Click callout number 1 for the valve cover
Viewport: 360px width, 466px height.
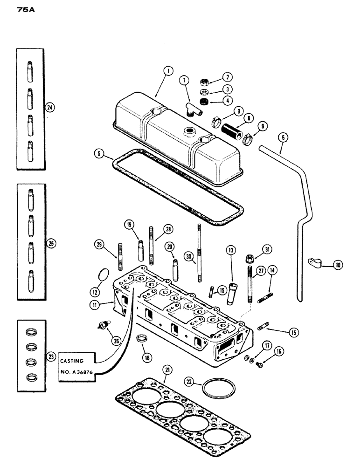pyautogui.click(x=168, y=71)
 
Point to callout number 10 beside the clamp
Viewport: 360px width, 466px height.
pyautogui.click(x=338, y=265)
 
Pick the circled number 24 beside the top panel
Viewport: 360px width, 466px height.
pyautogui.click(x=49, y=108)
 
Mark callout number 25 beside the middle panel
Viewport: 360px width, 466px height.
pyautogui.click(x=51, y=243)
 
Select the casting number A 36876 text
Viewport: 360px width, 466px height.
pyautogui.click(x=78, y=374)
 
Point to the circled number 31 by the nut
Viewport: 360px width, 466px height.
pyautogui.click(x=266, y=247)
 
